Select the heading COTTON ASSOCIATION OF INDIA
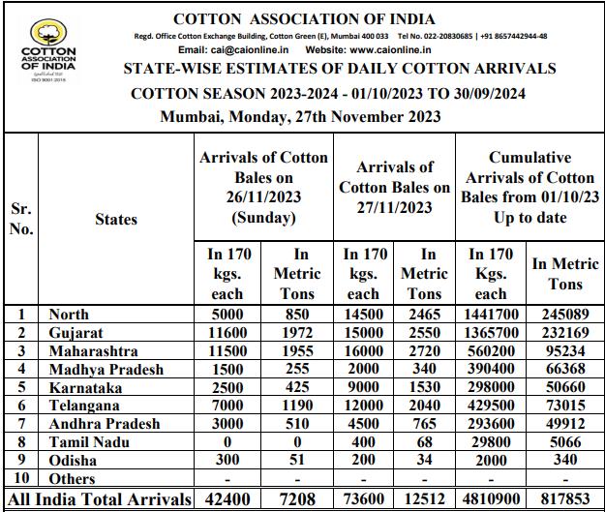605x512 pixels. tap(304, 19)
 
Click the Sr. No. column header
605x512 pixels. tap(21, 219)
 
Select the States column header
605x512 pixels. tap(116, 220)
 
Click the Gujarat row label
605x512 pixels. tap(76, 332)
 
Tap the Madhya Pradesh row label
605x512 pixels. tap(106, 369)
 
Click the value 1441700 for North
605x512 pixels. tap(493, 314)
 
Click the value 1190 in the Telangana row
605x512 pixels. tap(297, 406)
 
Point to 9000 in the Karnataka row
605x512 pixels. tap(363, 387)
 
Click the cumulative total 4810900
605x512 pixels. tap(493, 499)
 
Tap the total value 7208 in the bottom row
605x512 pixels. tap(297, 499)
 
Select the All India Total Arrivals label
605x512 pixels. tap(99, 499)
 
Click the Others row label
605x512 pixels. tap(72, 479)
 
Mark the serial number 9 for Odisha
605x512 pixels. tap(21, 461)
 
